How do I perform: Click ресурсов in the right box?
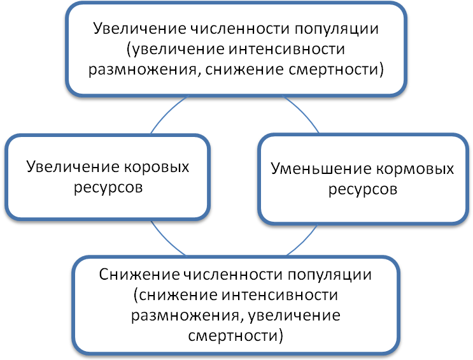[363, 190]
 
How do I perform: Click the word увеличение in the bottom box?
[298, 315]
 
